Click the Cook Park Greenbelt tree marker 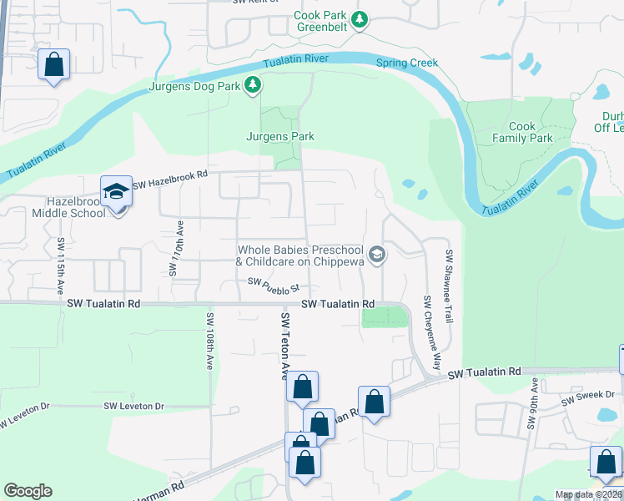click(x=360, y=19)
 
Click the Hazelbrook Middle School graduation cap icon click(x=116, y=192)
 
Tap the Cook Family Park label click(x=522, y=132)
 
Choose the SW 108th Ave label click(x=209, y=341)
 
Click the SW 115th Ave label click(x=61, y=265)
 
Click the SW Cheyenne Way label click(x=431, y=332)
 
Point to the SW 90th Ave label click(x=532, y=405)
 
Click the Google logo click(x=28, y=491)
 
